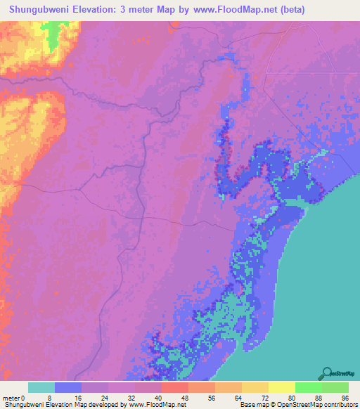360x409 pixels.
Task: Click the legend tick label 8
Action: coord(49,397)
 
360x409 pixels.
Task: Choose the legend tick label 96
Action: coord(344,397)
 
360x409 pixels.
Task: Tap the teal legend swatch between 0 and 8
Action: coord(41,387)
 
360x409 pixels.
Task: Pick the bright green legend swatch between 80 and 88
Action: coord(309,387)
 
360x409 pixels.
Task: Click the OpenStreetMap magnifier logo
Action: coord(326,372)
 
